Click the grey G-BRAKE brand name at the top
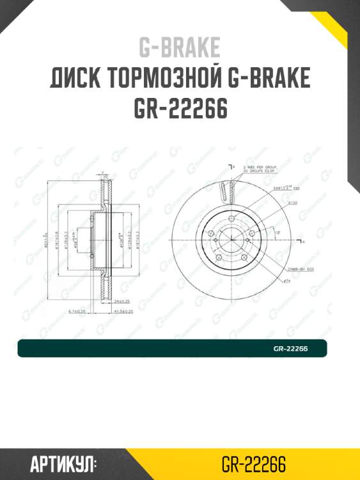point(180,47)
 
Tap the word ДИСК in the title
point(74,78)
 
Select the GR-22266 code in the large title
point(180,109)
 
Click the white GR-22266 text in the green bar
point(291,349)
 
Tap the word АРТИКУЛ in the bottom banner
point(63,463)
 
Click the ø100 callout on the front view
point(292,202)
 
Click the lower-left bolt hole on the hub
point(218,257)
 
